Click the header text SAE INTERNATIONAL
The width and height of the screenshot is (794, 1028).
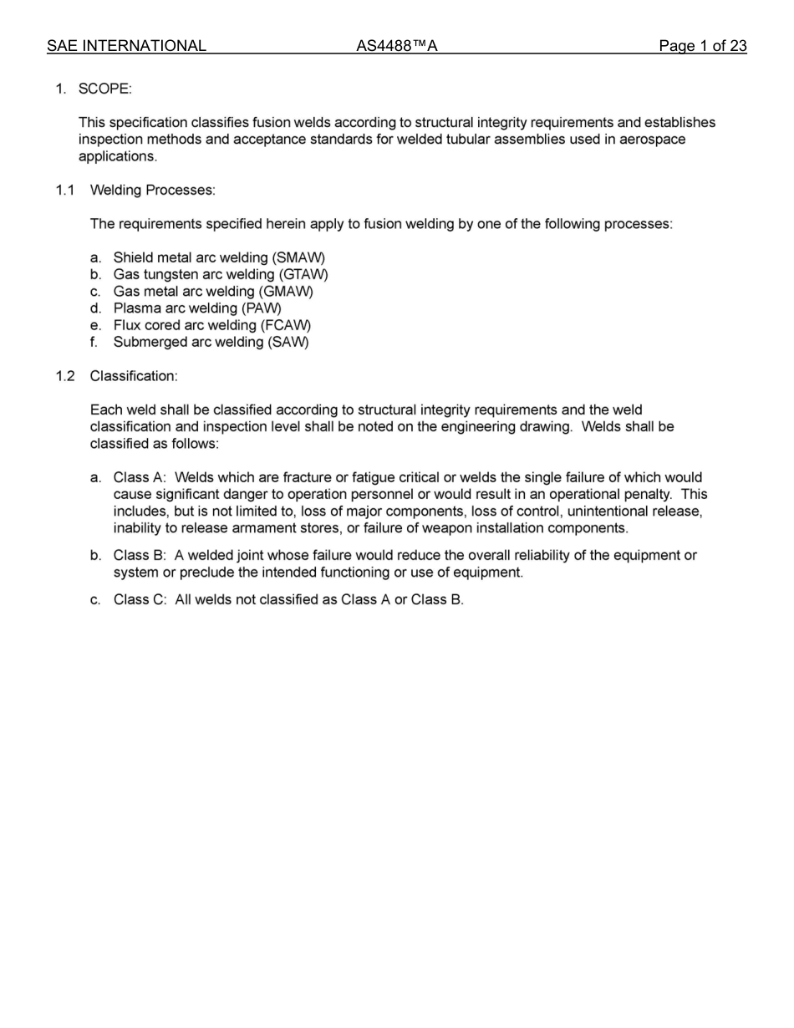pos(126,46)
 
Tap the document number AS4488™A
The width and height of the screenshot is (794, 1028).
pos(397,46)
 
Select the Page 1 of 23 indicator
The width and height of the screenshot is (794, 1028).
pos(702,46)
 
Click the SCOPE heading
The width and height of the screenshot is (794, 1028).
pos(104,89)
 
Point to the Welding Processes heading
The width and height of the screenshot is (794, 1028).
pos(152,190)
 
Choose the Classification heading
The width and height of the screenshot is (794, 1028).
pos(134,376)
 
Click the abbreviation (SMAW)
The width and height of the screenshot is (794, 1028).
pos(299,257)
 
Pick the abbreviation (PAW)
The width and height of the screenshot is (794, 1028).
pos(261,308)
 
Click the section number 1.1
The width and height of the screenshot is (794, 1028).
pos(65,190)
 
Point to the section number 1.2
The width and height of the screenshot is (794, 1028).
pos(65,376)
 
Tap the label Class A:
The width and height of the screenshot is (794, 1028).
pos(140,478)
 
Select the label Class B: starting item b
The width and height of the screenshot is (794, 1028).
pos(140,556)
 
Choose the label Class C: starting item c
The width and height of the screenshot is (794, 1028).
pos(140,600)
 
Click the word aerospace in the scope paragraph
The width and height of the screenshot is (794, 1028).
pos(651,140)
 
